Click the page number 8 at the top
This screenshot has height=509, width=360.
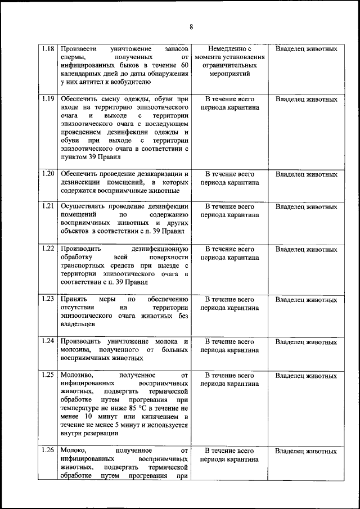click(x=191, y=26)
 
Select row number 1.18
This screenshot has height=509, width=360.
click(x=48, y=49)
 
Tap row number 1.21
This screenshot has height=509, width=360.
click(x=48, y=206)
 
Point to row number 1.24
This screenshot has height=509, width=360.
click(x=48, y=341)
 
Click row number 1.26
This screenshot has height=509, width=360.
click(x=48, y=451)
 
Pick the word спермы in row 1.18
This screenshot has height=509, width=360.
click(x=73, y=57)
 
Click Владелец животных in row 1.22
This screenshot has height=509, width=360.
click(x=307, y=249)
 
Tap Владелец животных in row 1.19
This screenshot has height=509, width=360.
click(x=307, y=100)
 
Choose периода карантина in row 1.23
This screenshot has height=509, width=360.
click(x=229, y=308)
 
